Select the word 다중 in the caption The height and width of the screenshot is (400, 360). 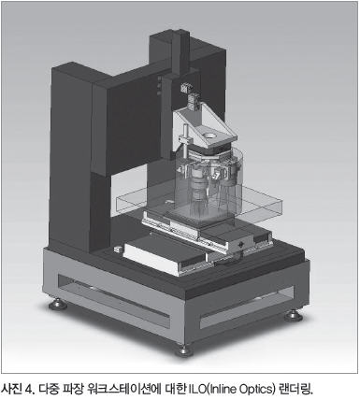49,389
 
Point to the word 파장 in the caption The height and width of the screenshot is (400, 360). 73,389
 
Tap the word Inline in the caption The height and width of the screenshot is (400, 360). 222,389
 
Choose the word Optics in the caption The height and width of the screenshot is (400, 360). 256,390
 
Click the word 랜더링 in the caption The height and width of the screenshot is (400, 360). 295,389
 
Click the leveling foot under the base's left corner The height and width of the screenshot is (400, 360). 58,304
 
